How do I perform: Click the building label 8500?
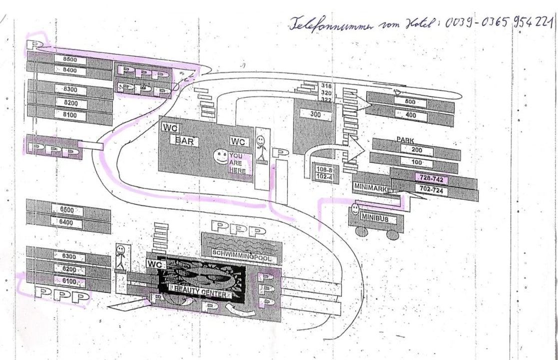(71, 59)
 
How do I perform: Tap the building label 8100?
(71, 115)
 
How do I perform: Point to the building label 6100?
(69, 282)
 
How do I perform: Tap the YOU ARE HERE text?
(238, 163)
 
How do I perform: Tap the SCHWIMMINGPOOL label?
(241, 253)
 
